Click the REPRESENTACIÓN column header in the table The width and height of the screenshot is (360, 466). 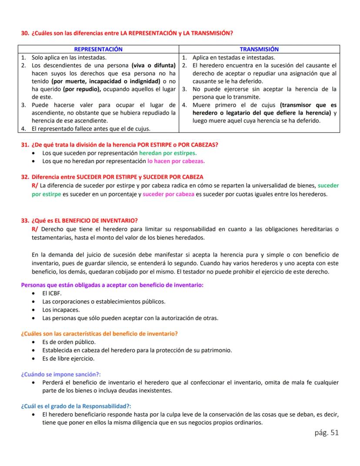click(98, 49)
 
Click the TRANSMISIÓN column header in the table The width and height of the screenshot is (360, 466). click(259, 49)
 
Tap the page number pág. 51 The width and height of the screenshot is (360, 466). click(326, 432)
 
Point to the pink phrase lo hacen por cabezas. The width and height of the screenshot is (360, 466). click(176, 161)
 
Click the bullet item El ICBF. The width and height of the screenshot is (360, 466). click(52, 294)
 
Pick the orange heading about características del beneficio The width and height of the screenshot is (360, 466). click(100, 334)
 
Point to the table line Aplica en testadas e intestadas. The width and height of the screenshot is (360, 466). click(233, 57)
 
